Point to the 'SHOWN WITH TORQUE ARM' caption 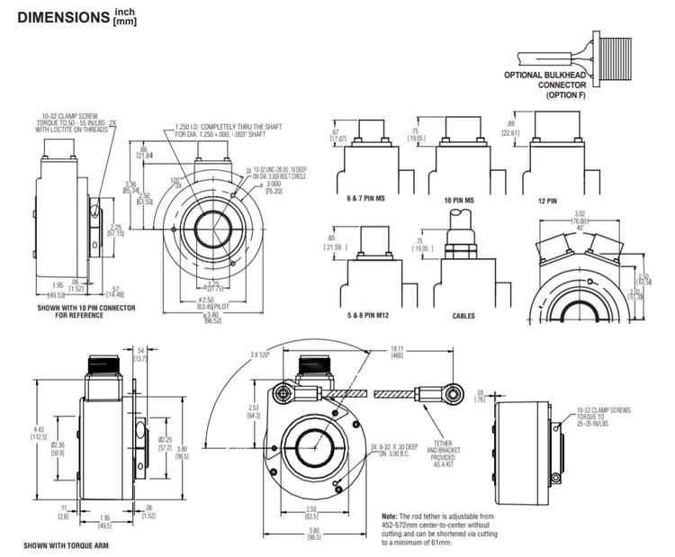[x=66, y=545]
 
